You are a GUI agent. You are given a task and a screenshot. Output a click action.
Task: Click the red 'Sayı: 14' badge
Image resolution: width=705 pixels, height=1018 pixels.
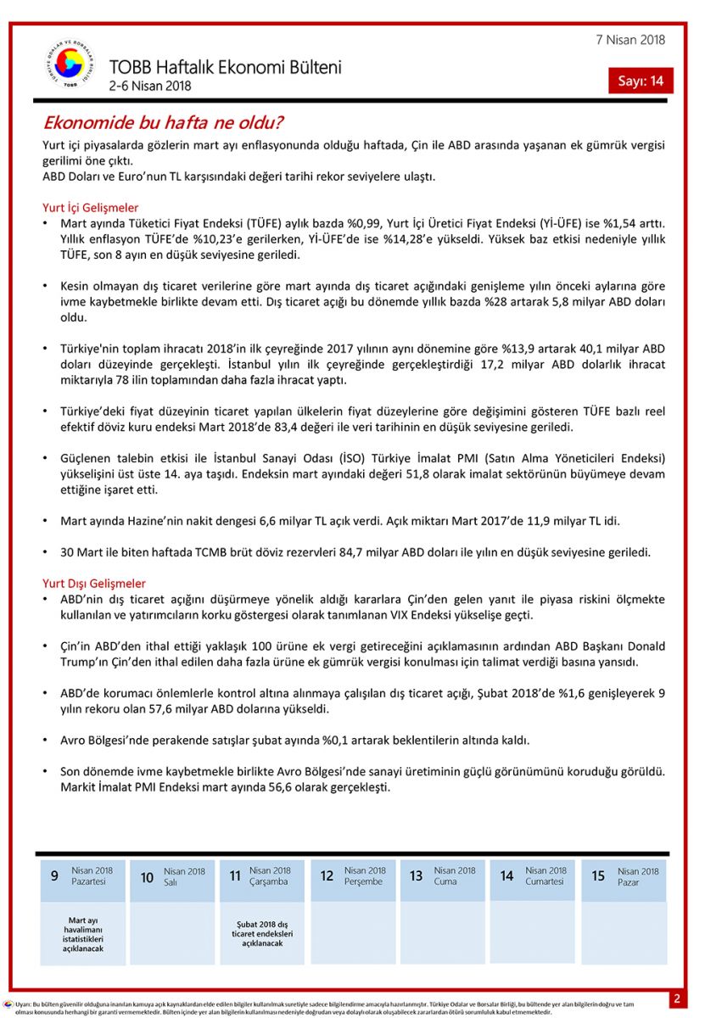tap(641, 81)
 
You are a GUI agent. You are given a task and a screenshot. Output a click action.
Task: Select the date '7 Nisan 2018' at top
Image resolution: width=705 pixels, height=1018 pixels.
tap(631, 40)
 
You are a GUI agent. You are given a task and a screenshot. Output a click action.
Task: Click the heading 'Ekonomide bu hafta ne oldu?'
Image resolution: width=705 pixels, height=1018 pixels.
tap(163, 123)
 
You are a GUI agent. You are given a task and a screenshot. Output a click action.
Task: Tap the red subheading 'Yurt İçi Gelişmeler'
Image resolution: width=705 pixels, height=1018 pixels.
tap(90, 207)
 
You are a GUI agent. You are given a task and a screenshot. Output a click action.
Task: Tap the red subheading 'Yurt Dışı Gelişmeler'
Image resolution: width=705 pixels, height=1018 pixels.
tap(93, 584)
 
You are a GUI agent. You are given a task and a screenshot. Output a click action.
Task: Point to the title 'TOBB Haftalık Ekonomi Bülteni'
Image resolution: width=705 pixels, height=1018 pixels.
tap(225, 68)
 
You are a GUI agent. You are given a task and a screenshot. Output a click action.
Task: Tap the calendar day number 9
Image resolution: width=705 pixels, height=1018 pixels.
tap(54, 876)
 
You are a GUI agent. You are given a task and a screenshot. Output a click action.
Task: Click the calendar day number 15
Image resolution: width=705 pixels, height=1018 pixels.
tap(598, 876)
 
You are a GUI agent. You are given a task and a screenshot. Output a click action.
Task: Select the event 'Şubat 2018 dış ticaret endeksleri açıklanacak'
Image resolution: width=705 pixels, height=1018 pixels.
tap(261, 933)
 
